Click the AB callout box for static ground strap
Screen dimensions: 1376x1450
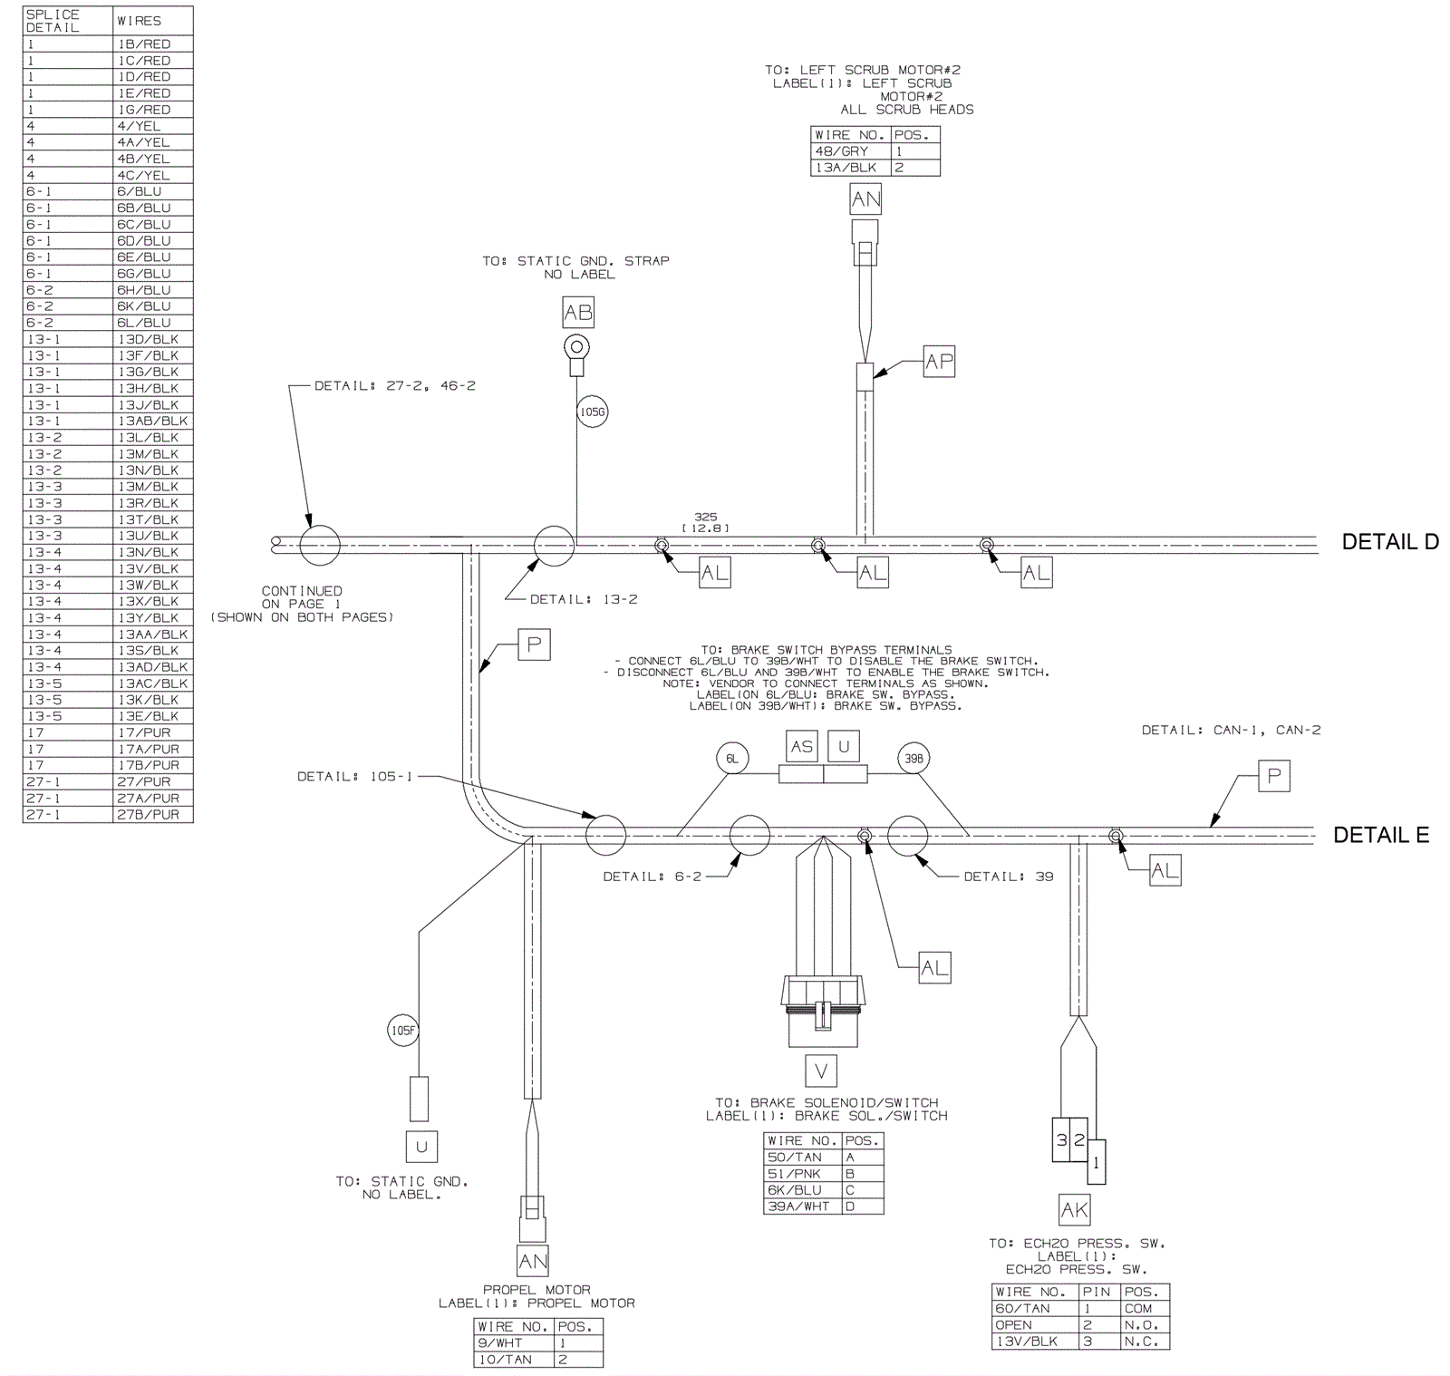click(x=578, y=314)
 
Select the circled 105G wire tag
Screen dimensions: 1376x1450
click(x=592, y=412)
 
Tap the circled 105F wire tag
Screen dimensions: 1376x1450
click(x=403, y=1030)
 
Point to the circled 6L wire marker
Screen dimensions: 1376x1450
click(x=732, y=759)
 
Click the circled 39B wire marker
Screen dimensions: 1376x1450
click(x=913, y=759)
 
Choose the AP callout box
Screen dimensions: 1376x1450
click(x=939, y=362)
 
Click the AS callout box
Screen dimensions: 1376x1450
click(x=801, y=747)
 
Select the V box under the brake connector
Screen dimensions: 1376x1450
click(x=821, y=1071)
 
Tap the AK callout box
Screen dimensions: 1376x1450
click(x=1074, y=1210)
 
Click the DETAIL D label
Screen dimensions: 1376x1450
click(x=1389, y=542)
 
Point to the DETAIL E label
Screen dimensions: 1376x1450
click(x=1380, y=836)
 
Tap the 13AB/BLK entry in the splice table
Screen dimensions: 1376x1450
click(x=152, y=421)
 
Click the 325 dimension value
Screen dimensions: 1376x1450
click(x=705, y=517)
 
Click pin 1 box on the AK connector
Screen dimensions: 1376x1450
click(x=1097, y=1162)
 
